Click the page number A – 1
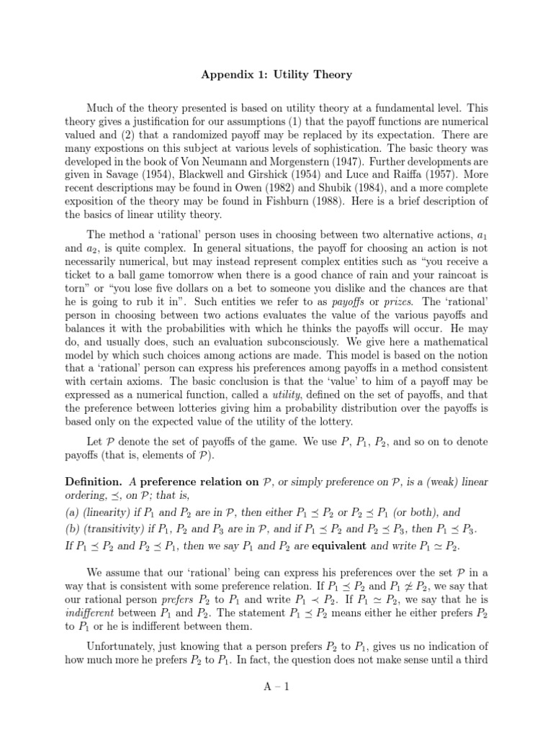tap(276, 687)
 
